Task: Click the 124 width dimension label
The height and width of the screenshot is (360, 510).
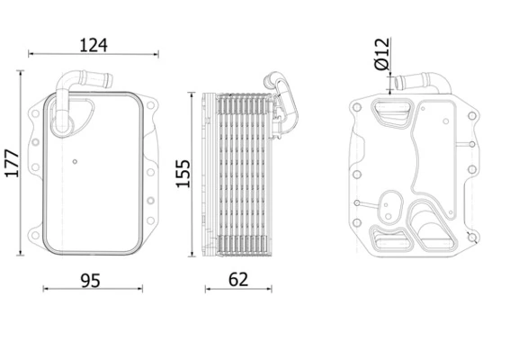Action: [x=94, y=45]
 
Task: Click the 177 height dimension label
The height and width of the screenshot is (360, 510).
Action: [x=12, y=164]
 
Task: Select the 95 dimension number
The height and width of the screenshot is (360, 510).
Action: [x=91, y=281]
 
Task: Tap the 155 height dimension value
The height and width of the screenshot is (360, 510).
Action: [x=183, y=174]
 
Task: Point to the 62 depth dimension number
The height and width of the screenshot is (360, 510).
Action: [x=238, y=280]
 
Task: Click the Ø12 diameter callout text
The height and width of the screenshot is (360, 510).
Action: [x=382, y=54]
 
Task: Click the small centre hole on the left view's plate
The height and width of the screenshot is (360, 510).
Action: [x=75, y=161]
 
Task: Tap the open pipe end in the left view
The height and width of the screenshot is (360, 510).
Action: [x=110, y=81]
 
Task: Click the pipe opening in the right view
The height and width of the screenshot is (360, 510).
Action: [x=398, y=83]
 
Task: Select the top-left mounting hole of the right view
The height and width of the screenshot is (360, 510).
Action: [x=357, y=107]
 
